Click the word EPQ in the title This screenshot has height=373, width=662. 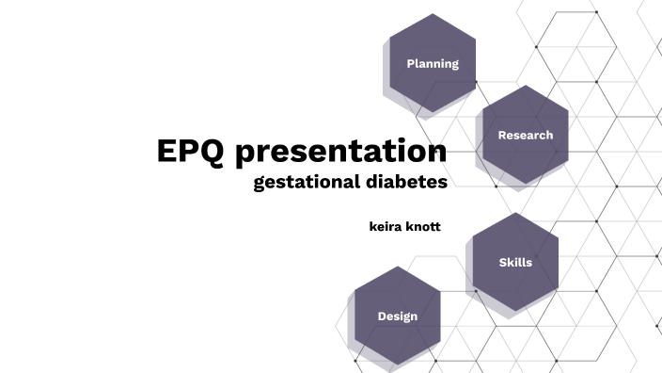pyautogui.click(x=191, y=152)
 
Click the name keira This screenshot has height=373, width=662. pyautogui.click(x=386, y=227)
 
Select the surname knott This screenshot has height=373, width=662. pyautogui.click(x=424, y=227)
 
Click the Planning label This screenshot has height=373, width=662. pyautogui.click(x=433, y=64)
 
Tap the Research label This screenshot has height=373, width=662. pyautogui.click(x=526, y=135)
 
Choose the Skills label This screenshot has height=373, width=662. pyautogui.click(x=515, y=263)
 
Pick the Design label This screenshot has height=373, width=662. pyautogui.click(x=398, y=316)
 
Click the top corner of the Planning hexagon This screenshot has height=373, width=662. pyautogui.click(x=433, y=14)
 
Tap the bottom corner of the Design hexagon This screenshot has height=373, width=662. pyautogui.click(x=398, y=365)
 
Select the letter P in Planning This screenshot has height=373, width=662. pyautogui.click(x=410, y=64)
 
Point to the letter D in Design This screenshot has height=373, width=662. pyautogui.click(x=382, y=316)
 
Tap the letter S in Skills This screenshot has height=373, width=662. pyautogui.click(x=502, y=263)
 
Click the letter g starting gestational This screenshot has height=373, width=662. pyautogui.click(x=259, y=183)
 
